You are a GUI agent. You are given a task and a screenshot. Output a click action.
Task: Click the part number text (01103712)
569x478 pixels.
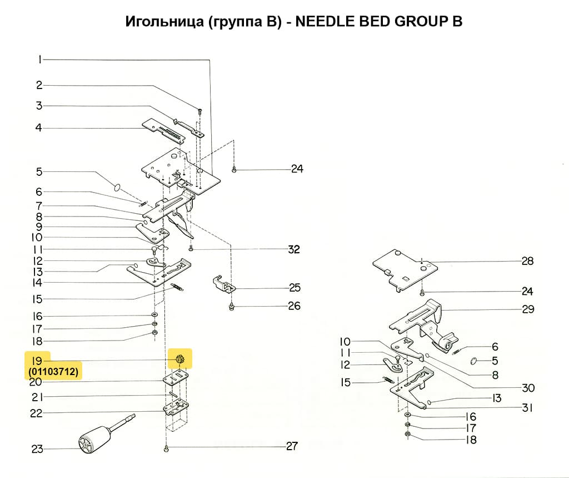click(x=53, y=371)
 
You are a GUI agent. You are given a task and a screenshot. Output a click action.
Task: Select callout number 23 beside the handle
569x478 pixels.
click(x=37, y=449)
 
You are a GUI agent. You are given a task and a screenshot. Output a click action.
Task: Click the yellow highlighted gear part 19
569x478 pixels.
click(x=180, y=359)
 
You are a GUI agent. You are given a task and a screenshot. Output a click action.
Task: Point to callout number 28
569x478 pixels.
click(x=527, y=261)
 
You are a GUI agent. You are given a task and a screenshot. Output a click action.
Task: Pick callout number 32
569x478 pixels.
click(x=293, y=249)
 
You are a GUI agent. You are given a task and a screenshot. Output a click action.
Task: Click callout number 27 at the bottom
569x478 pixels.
click(x=291, y=446)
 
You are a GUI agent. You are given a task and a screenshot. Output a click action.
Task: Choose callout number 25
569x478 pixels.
click(x=295, y=288)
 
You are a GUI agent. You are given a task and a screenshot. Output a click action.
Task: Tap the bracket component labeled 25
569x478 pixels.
click(x=223, y=283)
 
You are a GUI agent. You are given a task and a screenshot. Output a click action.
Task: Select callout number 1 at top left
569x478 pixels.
click(x=40, y=60)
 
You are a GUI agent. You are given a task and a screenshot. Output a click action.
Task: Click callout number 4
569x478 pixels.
click(x=39, y=128)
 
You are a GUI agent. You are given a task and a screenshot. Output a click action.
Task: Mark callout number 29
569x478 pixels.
click(x=528, y=309)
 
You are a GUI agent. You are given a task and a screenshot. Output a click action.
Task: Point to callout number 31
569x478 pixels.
click(x=527, y=408)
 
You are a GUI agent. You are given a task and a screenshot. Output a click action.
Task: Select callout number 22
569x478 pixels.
click(x=36, y=413)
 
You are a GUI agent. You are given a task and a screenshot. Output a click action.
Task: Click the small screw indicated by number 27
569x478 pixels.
click(x=166, y=448)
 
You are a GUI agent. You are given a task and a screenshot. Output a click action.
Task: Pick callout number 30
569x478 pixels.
click(x=528, y=388)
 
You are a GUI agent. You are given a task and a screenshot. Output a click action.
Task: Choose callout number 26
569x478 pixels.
click(x=294, y=306)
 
